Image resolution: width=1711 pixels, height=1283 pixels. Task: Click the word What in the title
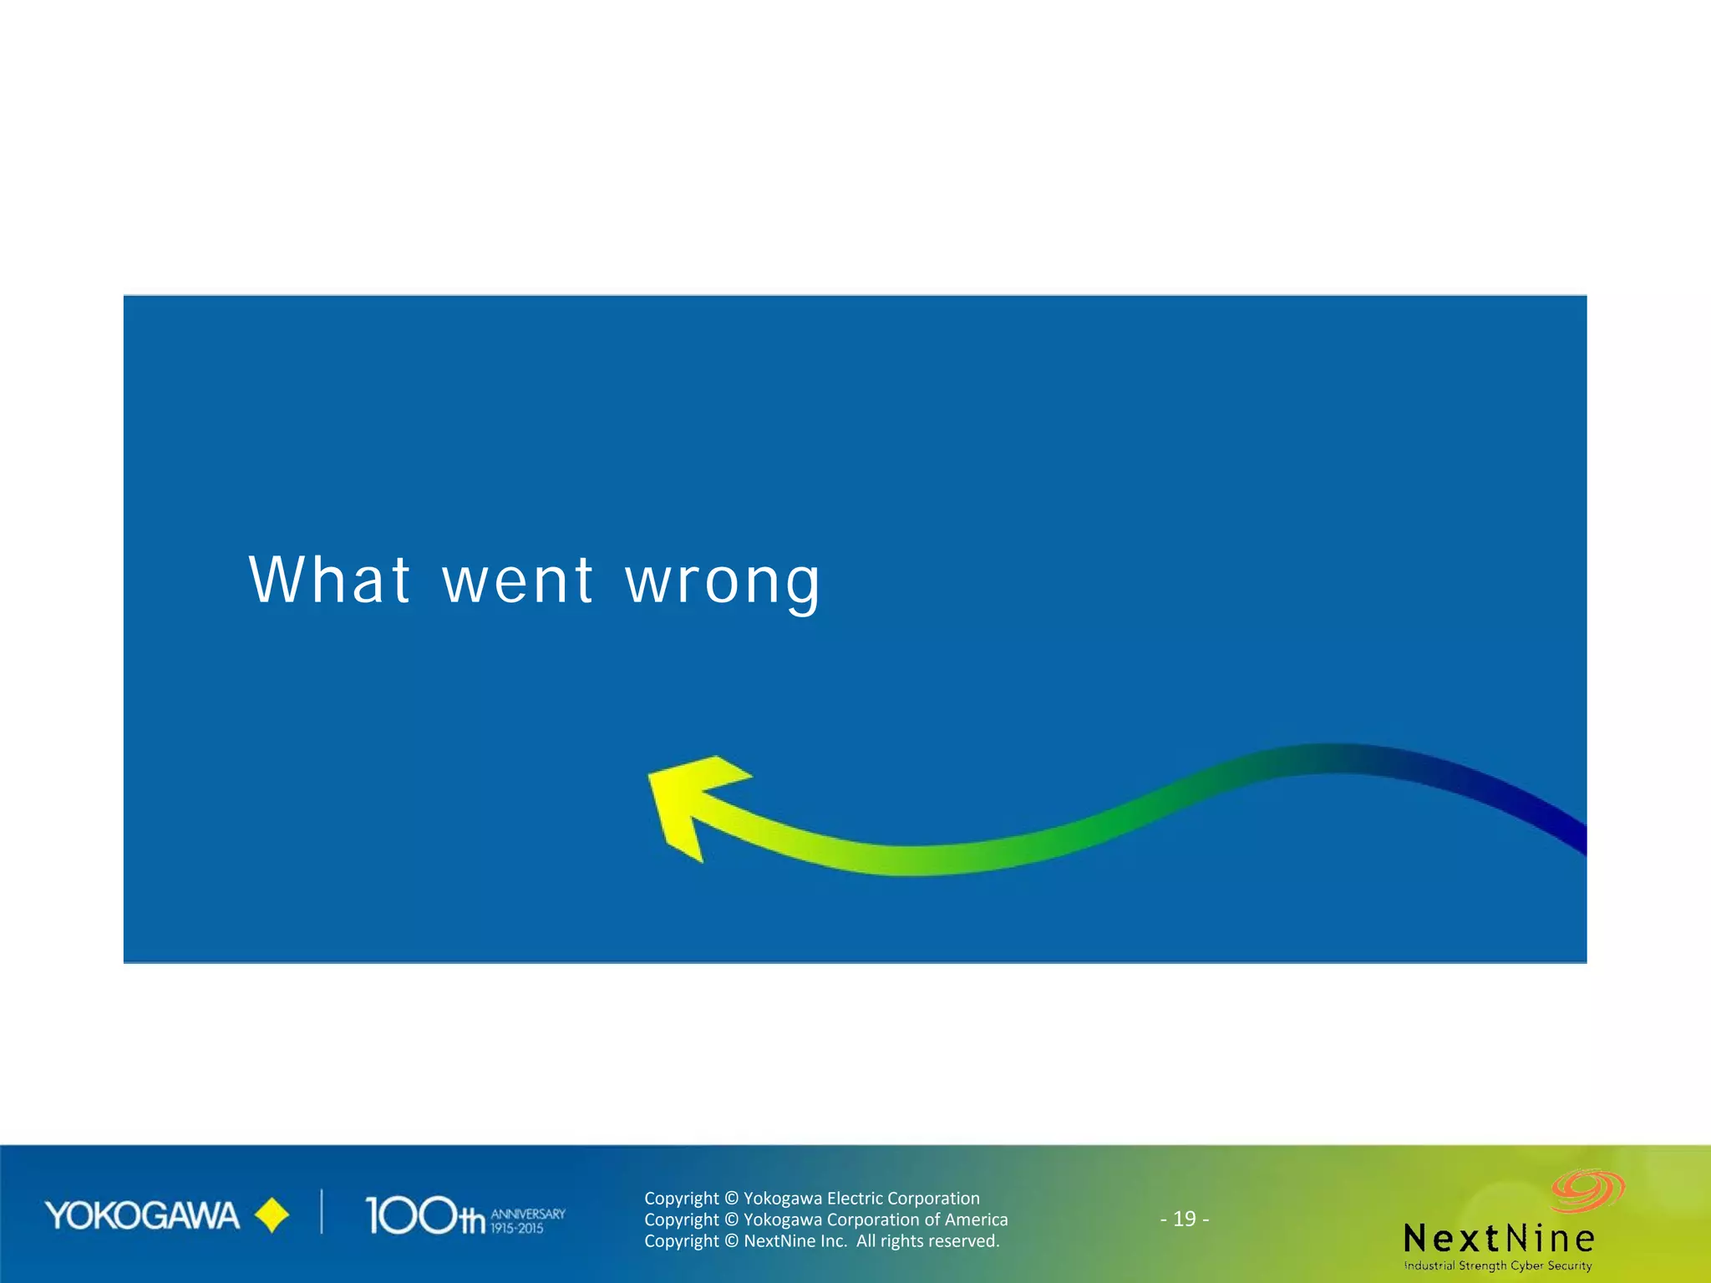pyautogui.click(x=329, y=580)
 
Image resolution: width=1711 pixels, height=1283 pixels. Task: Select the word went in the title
pyautogui.click(x=518, y=581)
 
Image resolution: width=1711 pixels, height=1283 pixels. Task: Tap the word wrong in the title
pyautogui.click(x=723, y=583)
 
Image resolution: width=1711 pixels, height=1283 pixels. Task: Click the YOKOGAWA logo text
pyautogui.click(x=142, y=1216)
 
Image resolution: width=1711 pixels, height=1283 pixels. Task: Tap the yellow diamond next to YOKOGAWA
pyautogui.click(x=272, y=1215)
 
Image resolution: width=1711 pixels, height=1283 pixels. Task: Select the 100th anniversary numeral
pyautogui.click(x=424, y=1216)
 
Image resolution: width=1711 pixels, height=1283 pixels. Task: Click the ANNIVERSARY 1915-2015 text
pyautogui.click(x=527, y=1220)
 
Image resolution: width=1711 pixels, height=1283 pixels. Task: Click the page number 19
pyautogui.click(x=1184, y=1219)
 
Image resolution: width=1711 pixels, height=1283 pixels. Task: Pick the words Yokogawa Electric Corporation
pyautogui.click(x=861, y=1198)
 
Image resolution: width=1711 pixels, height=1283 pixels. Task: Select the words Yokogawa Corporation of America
pyautogui.click(x=876, y=1220)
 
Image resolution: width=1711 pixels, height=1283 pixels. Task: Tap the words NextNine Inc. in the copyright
pyautogui.click(x=795, y=1241)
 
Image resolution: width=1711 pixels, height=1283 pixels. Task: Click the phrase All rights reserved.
pyautogui.click(x=927, y=1241)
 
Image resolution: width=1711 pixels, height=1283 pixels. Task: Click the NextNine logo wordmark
pyautogui.click(x=1499, y=1238)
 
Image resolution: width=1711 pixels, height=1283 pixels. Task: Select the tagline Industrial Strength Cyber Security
pyautogui.click(x=1498, y=1265)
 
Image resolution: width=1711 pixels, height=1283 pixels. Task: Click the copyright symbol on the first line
pyautogui.click(x=731, y=1199)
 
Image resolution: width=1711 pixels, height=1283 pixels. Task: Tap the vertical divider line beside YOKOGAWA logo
pyautogui.click(x=322, y=1212)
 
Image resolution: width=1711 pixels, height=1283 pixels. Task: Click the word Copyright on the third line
pyautogui.click(x=681, y=1241)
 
